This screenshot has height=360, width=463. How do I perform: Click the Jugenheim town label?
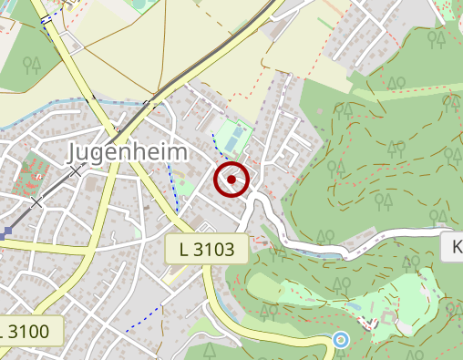129,151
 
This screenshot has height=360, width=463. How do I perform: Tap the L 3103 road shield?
208,249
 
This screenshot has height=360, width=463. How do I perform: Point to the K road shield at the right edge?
453,247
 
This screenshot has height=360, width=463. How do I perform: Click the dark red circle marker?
231,180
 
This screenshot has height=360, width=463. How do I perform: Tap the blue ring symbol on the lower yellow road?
341,340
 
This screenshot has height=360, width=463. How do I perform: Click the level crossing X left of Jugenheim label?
77,170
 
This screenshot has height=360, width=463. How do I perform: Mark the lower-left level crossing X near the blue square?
36,201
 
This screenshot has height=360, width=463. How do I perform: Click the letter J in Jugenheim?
75,152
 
